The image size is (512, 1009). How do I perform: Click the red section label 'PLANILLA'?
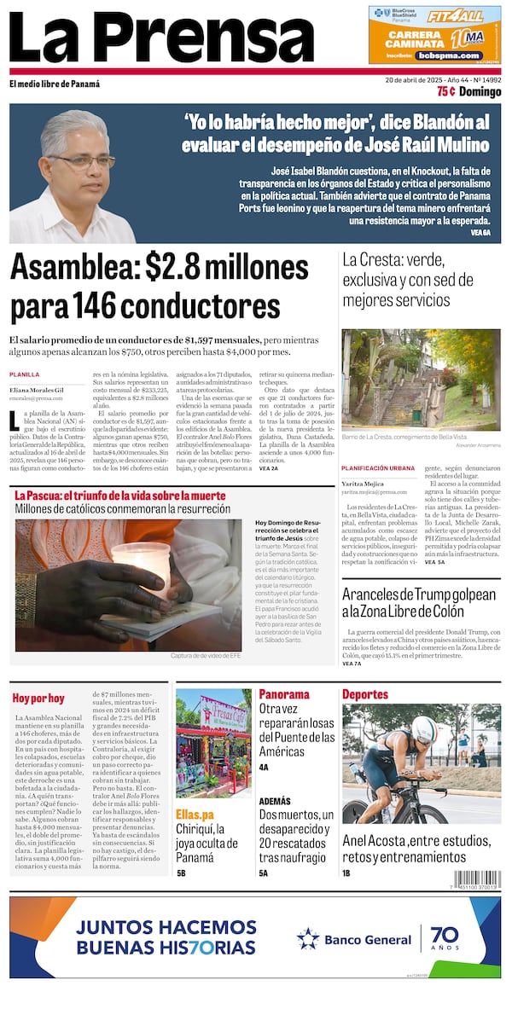coord(24,374)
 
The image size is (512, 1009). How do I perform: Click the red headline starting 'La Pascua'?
coord(120,496)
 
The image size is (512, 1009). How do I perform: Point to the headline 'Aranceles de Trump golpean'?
coord(418,602)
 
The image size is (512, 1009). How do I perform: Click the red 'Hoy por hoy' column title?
coord(38,698)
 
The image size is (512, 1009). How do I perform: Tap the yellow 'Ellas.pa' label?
coord(195,813)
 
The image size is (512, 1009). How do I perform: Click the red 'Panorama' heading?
coord(283,694)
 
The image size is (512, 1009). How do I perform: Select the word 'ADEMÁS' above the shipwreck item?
coord(274,802)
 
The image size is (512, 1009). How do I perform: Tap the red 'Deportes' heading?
coord(364,694)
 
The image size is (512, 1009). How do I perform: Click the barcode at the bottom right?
coord(477,879)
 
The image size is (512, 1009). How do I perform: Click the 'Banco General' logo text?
coord(367,940)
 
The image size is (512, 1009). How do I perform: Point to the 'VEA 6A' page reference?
coord(482,232)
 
